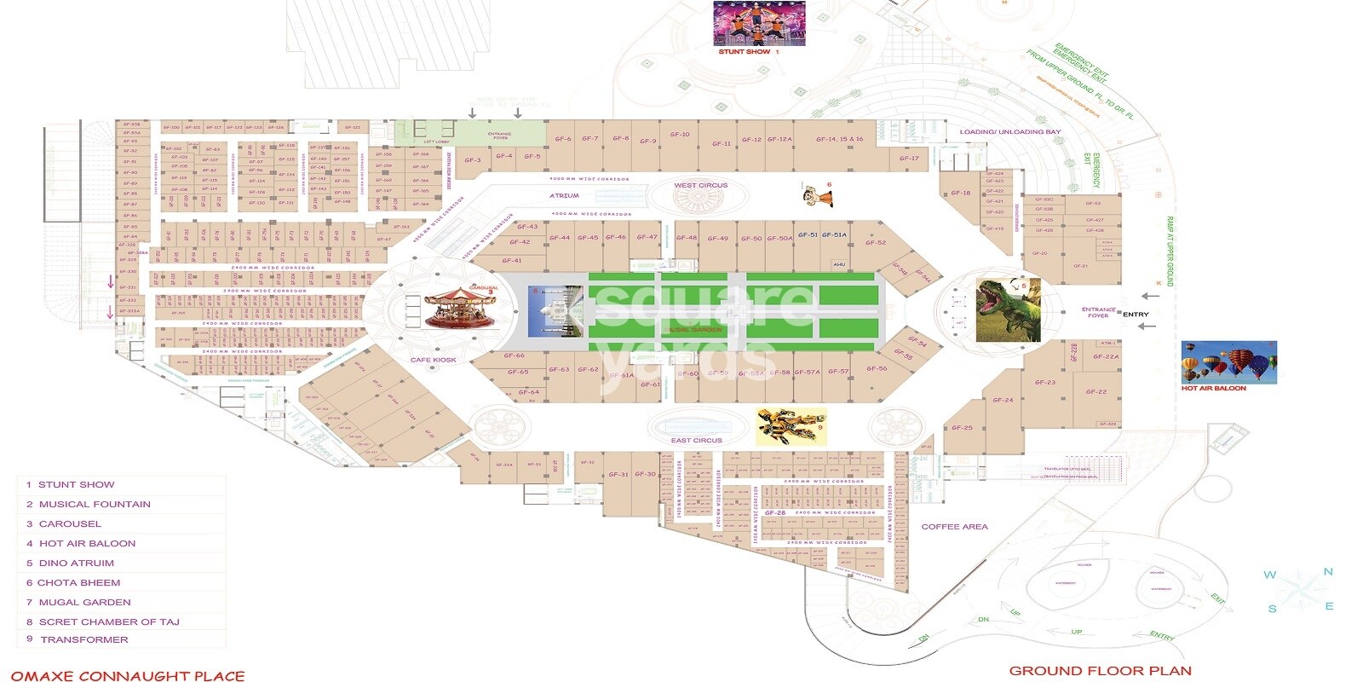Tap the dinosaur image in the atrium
click(1008, 310)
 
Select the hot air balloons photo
click(1228, 362)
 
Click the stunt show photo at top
click(747, 23)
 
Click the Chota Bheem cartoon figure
click(817, 195)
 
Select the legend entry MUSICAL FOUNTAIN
click(94, 505)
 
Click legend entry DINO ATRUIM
click(76, 564)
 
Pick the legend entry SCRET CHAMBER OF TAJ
click(108, 622)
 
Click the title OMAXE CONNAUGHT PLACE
click(128, 676)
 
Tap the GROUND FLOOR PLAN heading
click(1100, 671)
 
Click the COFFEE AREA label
click(954, 527)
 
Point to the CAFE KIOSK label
click(434, 360)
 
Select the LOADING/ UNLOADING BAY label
click(1010, 132)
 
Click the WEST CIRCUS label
click(700, 185)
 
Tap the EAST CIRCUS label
click(696, 441)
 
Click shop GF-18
click(960, 193)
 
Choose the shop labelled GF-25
click(962, 428)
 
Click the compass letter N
click(1327, 572)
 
